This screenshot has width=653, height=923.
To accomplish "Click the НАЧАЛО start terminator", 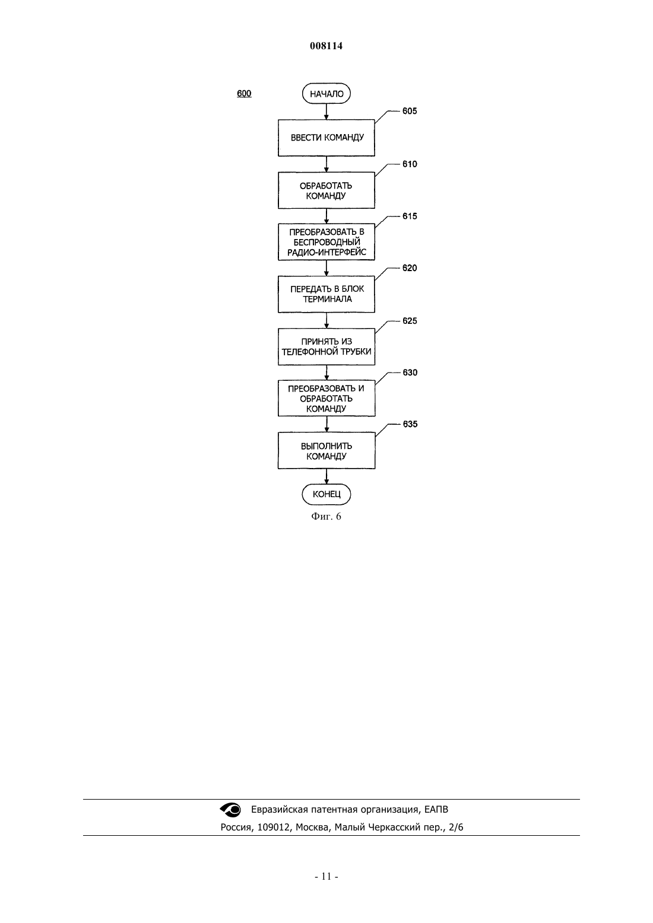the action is tap(326, 94).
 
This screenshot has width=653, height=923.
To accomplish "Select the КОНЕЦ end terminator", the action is tap(326, 494).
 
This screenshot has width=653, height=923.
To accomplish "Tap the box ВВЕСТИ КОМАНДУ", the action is tap(326, 138).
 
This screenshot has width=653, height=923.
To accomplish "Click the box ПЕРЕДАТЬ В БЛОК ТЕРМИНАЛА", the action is tap(326, 294).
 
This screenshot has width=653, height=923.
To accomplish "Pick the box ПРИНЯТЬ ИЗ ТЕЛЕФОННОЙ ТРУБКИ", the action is tap(326, 346).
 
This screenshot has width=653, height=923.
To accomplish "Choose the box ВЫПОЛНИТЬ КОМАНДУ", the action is tap(326, 450).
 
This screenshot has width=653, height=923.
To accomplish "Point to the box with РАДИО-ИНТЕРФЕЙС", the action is tap(326, 242).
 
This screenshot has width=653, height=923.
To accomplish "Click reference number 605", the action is tap(410, 111).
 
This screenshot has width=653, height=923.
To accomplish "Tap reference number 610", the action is tap(410, 164).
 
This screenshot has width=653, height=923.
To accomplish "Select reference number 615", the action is tap(410, 216).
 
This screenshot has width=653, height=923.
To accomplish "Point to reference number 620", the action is tap(410, 268).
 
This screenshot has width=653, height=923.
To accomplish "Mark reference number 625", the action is tap(410, 320).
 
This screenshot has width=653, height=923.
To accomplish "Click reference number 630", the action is tap(410, 373).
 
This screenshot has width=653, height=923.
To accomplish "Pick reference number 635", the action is tap(410, 424).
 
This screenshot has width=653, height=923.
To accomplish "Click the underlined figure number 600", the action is tap(244, 94).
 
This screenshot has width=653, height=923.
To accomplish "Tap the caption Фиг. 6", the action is tap(326, 516).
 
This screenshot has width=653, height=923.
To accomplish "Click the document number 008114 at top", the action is tap(326, 46).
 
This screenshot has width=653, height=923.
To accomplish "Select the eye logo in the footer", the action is tap(230, 810).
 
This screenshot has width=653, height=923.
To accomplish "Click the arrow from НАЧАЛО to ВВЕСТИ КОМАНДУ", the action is tap(326, 112).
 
